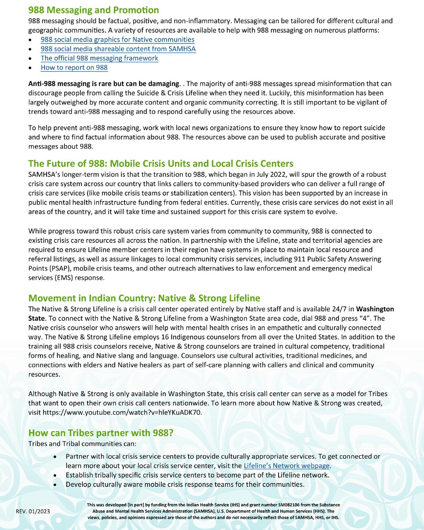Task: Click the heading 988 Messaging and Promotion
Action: point(94,10)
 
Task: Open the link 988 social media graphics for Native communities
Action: point(117,40)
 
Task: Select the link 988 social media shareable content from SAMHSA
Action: point(118,49)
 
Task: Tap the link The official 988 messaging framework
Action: point(99,58)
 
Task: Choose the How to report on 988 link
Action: point(74,68)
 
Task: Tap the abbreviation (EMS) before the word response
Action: point(66,278)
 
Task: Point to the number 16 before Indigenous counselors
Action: point(165,337)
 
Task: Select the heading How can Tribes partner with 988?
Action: point(101,433)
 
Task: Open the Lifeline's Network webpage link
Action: point(286,466)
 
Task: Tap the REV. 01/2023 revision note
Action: point(33,511)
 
